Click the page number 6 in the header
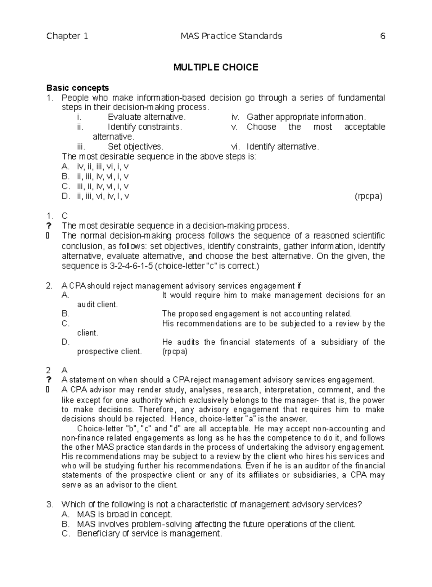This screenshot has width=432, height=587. point(383,36)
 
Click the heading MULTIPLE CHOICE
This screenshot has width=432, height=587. point(216,67)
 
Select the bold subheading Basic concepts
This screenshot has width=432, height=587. point(78,88)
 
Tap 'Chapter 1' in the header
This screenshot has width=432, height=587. point(67,36)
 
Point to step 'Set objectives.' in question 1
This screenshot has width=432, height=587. point(136,147)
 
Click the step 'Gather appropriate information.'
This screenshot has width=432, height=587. point(306,117)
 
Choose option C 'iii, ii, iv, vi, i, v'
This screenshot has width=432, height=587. point(103,186)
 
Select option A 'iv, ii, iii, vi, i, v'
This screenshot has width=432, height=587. point(103,167)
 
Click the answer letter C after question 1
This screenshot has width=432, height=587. point(65,216)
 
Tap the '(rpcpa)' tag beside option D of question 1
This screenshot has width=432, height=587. point(369,196)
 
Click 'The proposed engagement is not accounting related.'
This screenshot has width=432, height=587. point(257,313)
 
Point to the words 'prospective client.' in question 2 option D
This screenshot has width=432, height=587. point(110,351)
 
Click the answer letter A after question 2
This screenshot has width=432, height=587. point(65,370)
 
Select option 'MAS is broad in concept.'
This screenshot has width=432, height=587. point(125,514)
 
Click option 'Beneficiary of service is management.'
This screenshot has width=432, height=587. point(149,534)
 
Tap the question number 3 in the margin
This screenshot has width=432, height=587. point(50,504)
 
